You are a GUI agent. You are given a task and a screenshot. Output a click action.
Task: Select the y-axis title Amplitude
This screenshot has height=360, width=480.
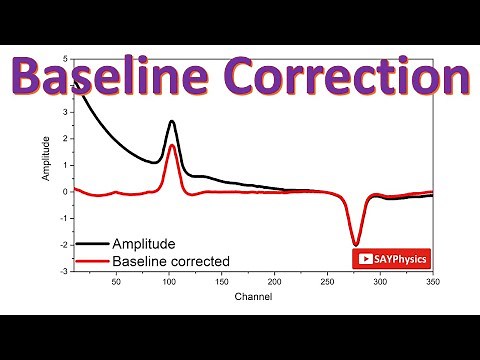click(x=44, y=160)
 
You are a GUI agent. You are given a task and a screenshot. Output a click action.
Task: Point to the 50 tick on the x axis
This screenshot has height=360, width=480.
click(x=116, y=282)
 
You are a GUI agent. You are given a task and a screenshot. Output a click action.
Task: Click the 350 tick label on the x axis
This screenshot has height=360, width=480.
click(x=432, y=282)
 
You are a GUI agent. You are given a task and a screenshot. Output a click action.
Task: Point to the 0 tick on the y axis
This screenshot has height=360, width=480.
click(x=65, y=191)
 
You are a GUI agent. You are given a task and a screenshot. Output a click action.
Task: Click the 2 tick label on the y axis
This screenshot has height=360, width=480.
click(x=65, y=138)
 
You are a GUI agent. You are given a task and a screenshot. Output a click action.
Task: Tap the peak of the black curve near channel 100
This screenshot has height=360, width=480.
click(x=172, y=122)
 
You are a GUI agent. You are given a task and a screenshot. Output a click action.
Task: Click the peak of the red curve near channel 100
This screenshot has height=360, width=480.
click(x=172, y=146)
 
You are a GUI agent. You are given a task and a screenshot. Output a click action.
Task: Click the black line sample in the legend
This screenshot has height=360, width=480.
click(x=92, y=244)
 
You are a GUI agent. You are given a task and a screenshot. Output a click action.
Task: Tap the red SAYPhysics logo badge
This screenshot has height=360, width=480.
click(x=390, y=258)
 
